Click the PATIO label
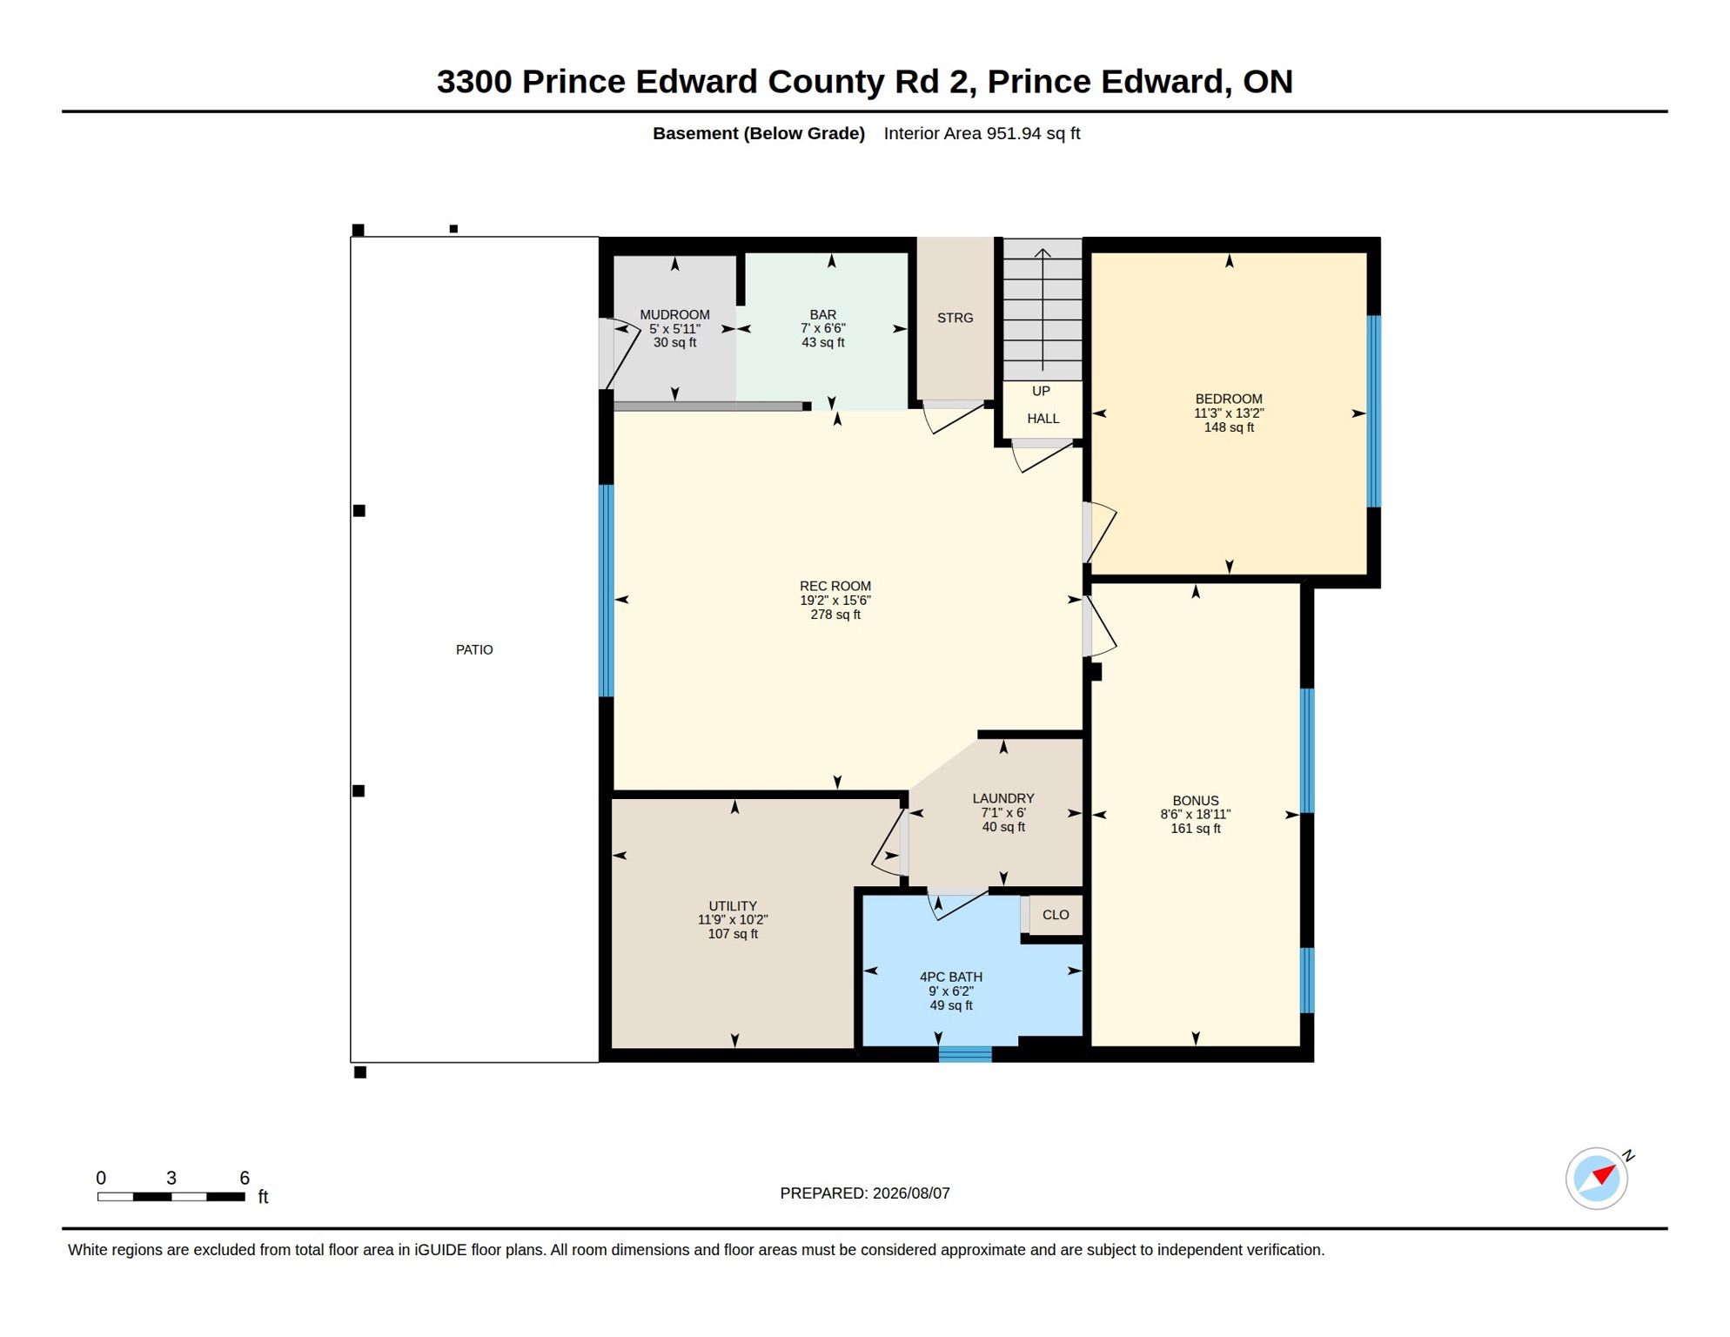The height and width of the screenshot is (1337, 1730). (474, 650)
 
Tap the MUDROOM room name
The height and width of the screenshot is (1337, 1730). (674, 315)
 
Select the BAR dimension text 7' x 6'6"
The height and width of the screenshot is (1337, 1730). (822, 329)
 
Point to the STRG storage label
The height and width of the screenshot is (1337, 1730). (955, 319)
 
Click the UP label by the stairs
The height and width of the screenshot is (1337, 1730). (1041, 392)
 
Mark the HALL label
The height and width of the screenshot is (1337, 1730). (1043, 419)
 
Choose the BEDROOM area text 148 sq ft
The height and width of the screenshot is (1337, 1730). (1229, 427)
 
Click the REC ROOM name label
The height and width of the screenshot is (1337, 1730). (835, 587)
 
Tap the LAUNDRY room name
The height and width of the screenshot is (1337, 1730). (1003, 799)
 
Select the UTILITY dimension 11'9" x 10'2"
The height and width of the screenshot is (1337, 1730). (733, 920)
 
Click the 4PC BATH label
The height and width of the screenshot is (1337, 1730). (951, 978)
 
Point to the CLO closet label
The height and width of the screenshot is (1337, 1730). (1056, 915)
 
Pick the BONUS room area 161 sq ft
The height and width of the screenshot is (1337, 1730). (1196, 829)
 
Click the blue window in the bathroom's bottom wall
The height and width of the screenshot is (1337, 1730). (965, 1054)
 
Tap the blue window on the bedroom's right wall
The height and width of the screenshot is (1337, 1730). (1374, 411)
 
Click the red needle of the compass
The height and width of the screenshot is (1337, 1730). (1604, 1174)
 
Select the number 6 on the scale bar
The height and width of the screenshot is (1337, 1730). (245, 1179)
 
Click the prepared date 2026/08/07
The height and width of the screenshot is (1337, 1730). (911, 1193)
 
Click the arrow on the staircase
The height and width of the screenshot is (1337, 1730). (1043, 310)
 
